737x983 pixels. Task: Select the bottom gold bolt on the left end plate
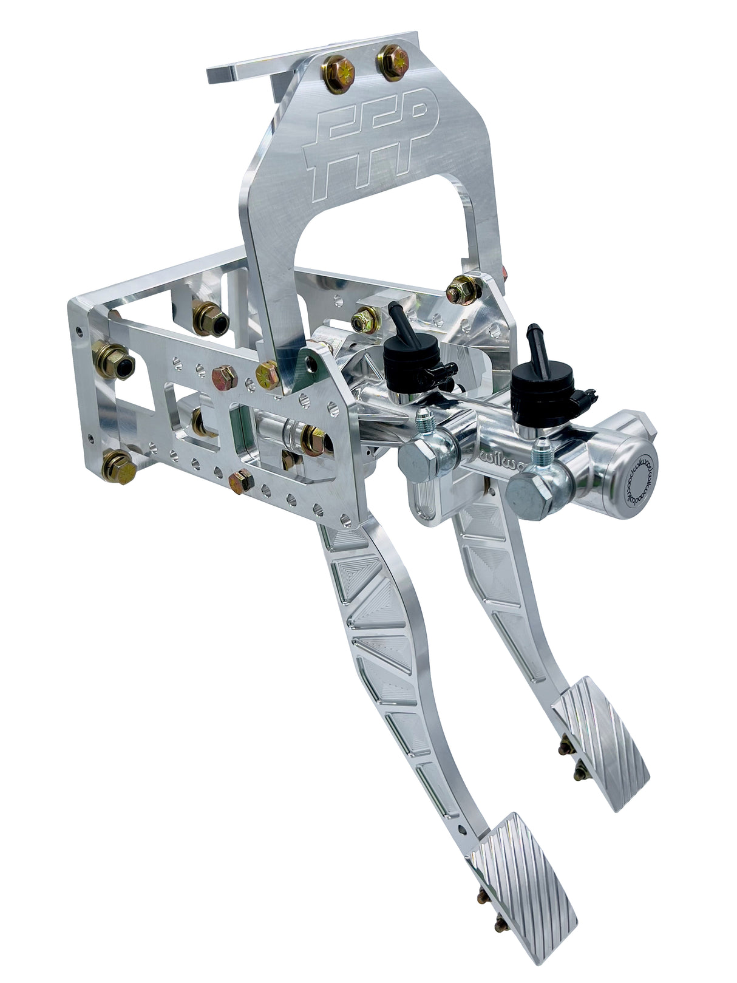tap(118, 468)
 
